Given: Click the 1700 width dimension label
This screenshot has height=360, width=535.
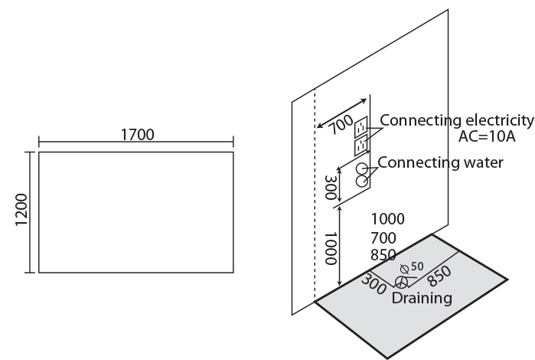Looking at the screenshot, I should pyautogui.click(x=137, y=134).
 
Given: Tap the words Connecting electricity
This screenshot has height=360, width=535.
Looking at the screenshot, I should pyautogui.click(x=456, y=120).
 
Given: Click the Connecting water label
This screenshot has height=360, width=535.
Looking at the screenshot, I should pyautogui.click(x=440, y=162).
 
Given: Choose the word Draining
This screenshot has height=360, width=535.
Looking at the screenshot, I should pyautogui.click(x=422, y=297).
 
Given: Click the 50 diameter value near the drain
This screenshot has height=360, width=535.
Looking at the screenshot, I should pyautogui.click(x=417, y=266).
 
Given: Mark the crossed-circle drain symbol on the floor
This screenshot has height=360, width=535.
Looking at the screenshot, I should pyautogui.click(x=399, y=281).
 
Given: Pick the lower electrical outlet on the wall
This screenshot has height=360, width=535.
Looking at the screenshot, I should pyautogui.click(x=361, y=143).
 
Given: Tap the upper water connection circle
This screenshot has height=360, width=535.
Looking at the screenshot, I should pyautogui.click(x=362, y=168).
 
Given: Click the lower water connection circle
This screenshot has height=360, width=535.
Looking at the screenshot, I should pyautogui.click(x=362, y=182).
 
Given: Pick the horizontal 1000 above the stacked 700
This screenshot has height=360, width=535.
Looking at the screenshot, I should pyautogui.click(x=387, y=219).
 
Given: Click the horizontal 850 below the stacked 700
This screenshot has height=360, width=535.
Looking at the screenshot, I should pyautogui.click(x=383, y=255).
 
